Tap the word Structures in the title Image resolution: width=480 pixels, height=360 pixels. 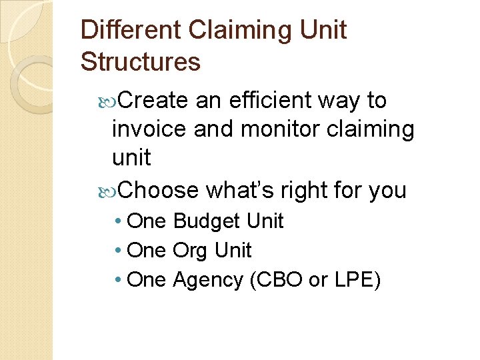pyautogui.click(x=140, y=62)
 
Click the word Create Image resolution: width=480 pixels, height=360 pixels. pyautogui.click(x=155, y=101)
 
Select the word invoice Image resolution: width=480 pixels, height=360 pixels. pyautogui.click(x=150, y=129)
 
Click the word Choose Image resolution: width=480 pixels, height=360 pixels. pyautogui.click(x=160, y=190)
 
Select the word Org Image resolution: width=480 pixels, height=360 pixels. pyautogui.click(x=190, y=251)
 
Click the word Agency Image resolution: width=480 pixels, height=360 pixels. pyautogui.click(x=208, y=281)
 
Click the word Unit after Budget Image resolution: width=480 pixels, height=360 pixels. pyautogui.click(x=265, y=221)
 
